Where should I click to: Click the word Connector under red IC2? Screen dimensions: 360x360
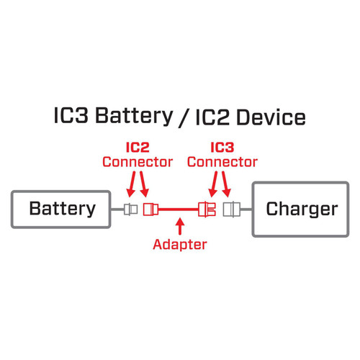point(137,162)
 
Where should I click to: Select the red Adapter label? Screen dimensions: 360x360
point(179,245)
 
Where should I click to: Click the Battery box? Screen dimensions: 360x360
point(61,210)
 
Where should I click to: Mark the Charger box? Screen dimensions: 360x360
point(301,210)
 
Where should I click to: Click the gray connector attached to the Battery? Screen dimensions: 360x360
point(130,210)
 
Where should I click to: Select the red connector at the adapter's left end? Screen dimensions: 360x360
point(150,210)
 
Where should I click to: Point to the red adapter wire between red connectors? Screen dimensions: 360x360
point(179,210)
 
